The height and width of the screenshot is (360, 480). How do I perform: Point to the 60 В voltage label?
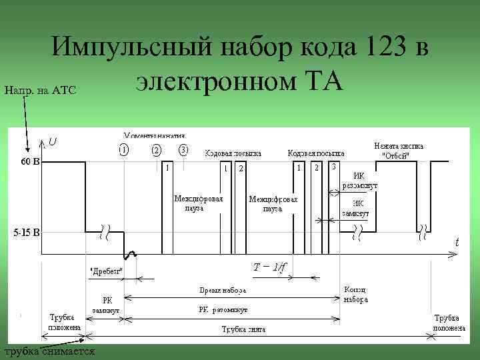point(27,161)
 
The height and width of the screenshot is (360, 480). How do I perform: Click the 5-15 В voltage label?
point(27,233)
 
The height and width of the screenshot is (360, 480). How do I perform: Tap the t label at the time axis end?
point(457,243)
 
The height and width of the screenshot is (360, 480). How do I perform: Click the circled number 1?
point(124,149)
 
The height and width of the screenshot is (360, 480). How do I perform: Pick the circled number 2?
point(157,149)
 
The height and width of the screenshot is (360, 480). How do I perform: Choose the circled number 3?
point(184,149)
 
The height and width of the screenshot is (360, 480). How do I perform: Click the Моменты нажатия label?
point(154,135)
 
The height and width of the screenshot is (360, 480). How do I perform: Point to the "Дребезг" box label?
point(107,271)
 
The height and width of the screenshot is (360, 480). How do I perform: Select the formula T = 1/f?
point(270,267)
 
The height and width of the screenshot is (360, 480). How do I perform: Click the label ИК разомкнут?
point(360,181)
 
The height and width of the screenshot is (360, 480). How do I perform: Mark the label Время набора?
point(223,291)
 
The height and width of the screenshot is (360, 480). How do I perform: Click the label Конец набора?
point(356,295)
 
